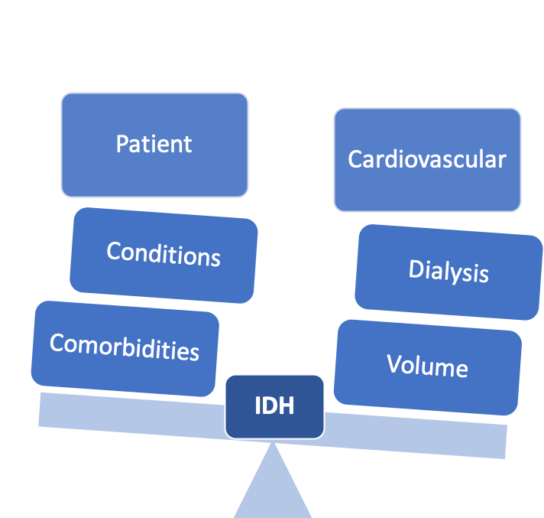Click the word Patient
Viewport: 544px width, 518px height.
click(x=154, y=144)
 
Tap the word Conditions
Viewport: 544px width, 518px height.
click(x=164, y=253)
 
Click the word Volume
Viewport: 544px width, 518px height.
click(x=427, y=366)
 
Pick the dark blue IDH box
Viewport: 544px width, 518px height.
click(x=274, y=406)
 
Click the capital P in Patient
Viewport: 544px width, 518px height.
click(x=122, y=144)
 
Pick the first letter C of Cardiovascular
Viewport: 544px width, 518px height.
click(x=355, y=160)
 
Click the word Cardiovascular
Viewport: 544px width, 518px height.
click(x=427, y=159)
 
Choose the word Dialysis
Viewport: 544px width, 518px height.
click(x=448, y=272)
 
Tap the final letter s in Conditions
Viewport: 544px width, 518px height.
click(x=215, y=258)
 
